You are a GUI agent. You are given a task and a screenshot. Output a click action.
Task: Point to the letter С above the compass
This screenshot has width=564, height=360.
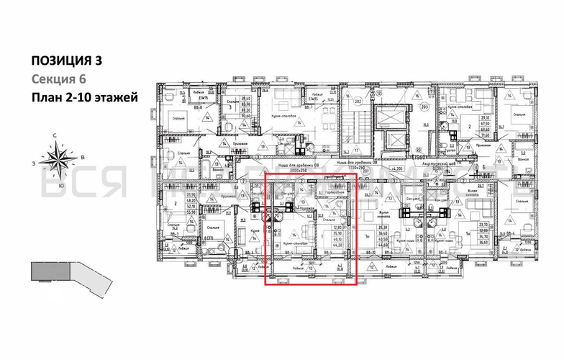pos(55,136)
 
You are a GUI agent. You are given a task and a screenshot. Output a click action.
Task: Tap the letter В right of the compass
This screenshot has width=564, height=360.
pos(83,157)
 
